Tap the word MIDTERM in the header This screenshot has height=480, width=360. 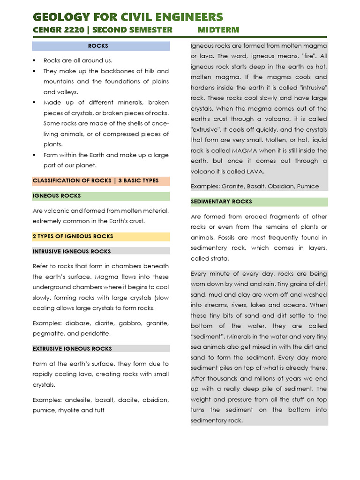coord(218,30)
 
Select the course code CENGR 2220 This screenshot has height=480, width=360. coord(55,30)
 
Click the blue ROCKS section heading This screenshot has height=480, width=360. coord(98,46)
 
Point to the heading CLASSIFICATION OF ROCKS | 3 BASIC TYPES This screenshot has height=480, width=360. coord(96,181)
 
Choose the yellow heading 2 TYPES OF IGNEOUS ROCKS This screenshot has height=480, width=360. coord(73,236)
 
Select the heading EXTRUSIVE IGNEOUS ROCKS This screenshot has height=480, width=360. coord(72,349)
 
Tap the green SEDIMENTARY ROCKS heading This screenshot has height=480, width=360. coord(221,202)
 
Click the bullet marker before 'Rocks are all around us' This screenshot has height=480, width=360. coord(35,60)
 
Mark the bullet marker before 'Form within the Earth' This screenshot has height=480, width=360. coord(35,155)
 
